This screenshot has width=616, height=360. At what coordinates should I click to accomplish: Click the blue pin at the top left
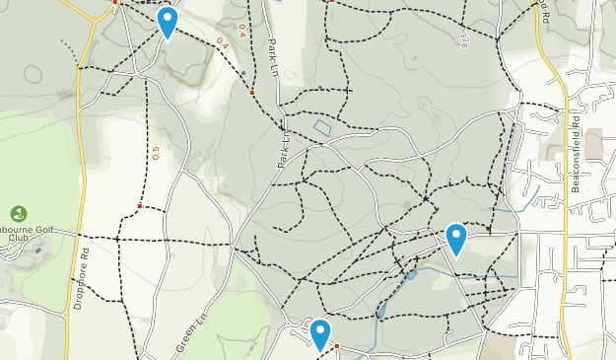[168, 22]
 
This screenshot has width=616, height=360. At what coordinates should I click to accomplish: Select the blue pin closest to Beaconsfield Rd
[456, 239]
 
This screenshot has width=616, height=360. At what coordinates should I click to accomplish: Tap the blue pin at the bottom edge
[319, 333]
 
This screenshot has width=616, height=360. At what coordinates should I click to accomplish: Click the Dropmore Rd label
[86, 280]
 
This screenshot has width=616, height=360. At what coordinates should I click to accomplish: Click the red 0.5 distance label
[155, 153]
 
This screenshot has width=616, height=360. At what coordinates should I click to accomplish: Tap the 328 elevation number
[463, 37]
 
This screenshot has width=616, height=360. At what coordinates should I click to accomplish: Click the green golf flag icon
[19, 213]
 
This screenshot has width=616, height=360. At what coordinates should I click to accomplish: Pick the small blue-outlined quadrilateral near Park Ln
[322, 128]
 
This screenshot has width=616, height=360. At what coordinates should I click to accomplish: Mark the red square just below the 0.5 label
[140, 206]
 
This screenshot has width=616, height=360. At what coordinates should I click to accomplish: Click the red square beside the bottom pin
[336, 346]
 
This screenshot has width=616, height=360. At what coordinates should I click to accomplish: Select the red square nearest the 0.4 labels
[252, 93]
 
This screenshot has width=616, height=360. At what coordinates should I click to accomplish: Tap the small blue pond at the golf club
[38, 251]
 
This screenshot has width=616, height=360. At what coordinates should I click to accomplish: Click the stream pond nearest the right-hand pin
[410, 275]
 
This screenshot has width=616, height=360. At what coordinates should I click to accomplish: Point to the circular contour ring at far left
[34, 74]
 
